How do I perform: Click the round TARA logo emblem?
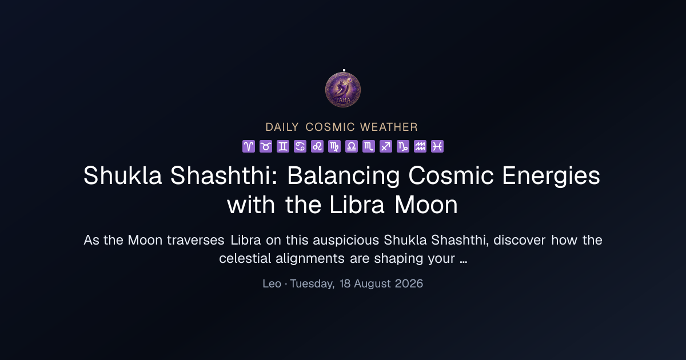coord(343,90)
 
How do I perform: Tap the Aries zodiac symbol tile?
coord(249,146)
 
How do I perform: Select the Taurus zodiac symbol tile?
coord(266,146)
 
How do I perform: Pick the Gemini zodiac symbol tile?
coord(283,146)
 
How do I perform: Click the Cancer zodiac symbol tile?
coord(300,146)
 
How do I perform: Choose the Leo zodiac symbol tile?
coord(317,146)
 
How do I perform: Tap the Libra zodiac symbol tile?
coord(352,146)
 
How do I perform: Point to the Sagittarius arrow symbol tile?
coord(386,146)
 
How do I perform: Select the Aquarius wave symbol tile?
coord(420,146)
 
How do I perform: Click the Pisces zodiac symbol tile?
coord(437,146)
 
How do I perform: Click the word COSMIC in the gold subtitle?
coord(330,127)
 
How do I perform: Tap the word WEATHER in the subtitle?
coord(389,127)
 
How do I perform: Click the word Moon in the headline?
coord(426,205)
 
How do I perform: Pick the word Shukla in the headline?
coord(122,175)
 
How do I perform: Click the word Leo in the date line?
coord(272,284)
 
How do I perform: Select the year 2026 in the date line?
coord(409,284)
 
